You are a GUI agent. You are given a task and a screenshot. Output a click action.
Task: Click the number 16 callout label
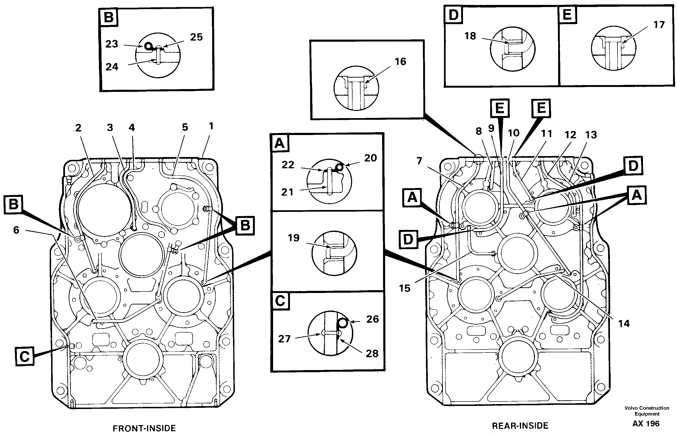point(400,62)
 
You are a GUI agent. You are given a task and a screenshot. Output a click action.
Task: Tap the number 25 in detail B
point(196,37)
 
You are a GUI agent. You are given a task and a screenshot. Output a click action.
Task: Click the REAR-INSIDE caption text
point(520,426)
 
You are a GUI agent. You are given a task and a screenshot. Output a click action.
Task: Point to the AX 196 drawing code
point(646,424)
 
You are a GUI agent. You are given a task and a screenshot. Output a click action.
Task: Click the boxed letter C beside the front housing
point(25,356)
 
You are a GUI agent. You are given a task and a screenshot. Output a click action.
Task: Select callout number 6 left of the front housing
point(16,230)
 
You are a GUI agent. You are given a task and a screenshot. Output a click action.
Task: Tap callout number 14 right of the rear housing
point(624,323)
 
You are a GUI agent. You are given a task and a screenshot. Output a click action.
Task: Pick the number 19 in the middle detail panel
point(293,238)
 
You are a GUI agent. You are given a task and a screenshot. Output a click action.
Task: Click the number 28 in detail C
point(372,353)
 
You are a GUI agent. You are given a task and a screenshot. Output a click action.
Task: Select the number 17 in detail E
point(659,25)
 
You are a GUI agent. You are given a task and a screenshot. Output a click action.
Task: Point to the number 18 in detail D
point(470,36)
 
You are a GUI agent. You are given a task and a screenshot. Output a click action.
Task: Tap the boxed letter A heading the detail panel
point(280,143)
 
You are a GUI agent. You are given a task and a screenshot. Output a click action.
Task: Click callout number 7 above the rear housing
point(419,161)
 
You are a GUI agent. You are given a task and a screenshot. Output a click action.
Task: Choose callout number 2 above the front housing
point(78,128)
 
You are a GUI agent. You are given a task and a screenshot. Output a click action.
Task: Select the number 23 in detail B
point(112,44)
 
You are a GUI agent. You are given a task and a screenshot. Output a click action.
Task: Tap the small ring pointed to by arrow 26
point(343,322)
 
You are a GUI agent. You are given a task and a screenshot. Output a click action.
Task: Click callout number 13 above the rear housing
point(591,135)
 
